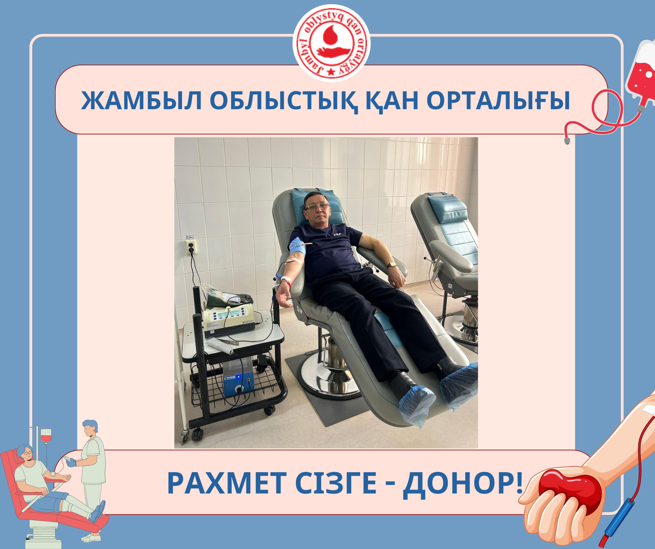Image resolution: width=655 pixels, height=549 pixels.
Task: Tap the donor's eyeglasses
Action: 317,207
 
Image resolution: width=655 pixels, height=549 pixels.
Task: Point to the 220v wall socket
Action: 191,247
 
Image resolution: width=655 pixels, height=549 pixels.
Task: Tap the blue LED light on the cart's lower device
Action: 239,376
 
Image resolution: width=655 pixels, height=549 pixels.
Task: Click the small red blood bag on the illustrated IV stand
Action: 46,435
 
